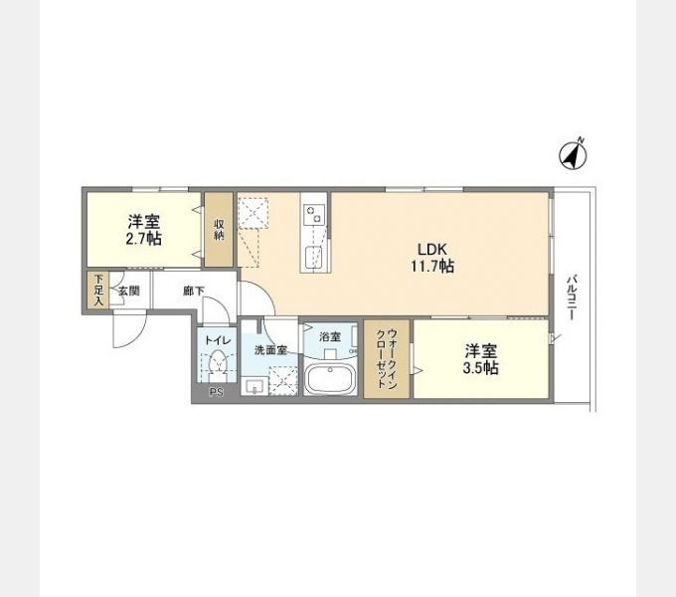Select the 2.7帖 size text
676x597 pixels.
145,239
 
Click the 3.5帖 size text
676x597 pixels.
481,368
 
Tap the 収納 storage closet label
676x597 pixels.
219,230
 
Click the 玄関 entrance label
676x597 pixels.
129,292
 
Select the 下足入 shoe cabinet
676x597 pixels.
97,292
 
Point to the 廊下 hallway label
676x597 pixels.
194,292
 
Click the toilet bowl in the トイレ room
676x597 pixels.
219,368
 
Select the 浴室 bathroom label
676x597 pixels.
330,336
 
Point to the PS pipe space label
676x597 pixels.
216,393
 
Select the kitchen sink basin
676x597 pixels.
313,259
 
